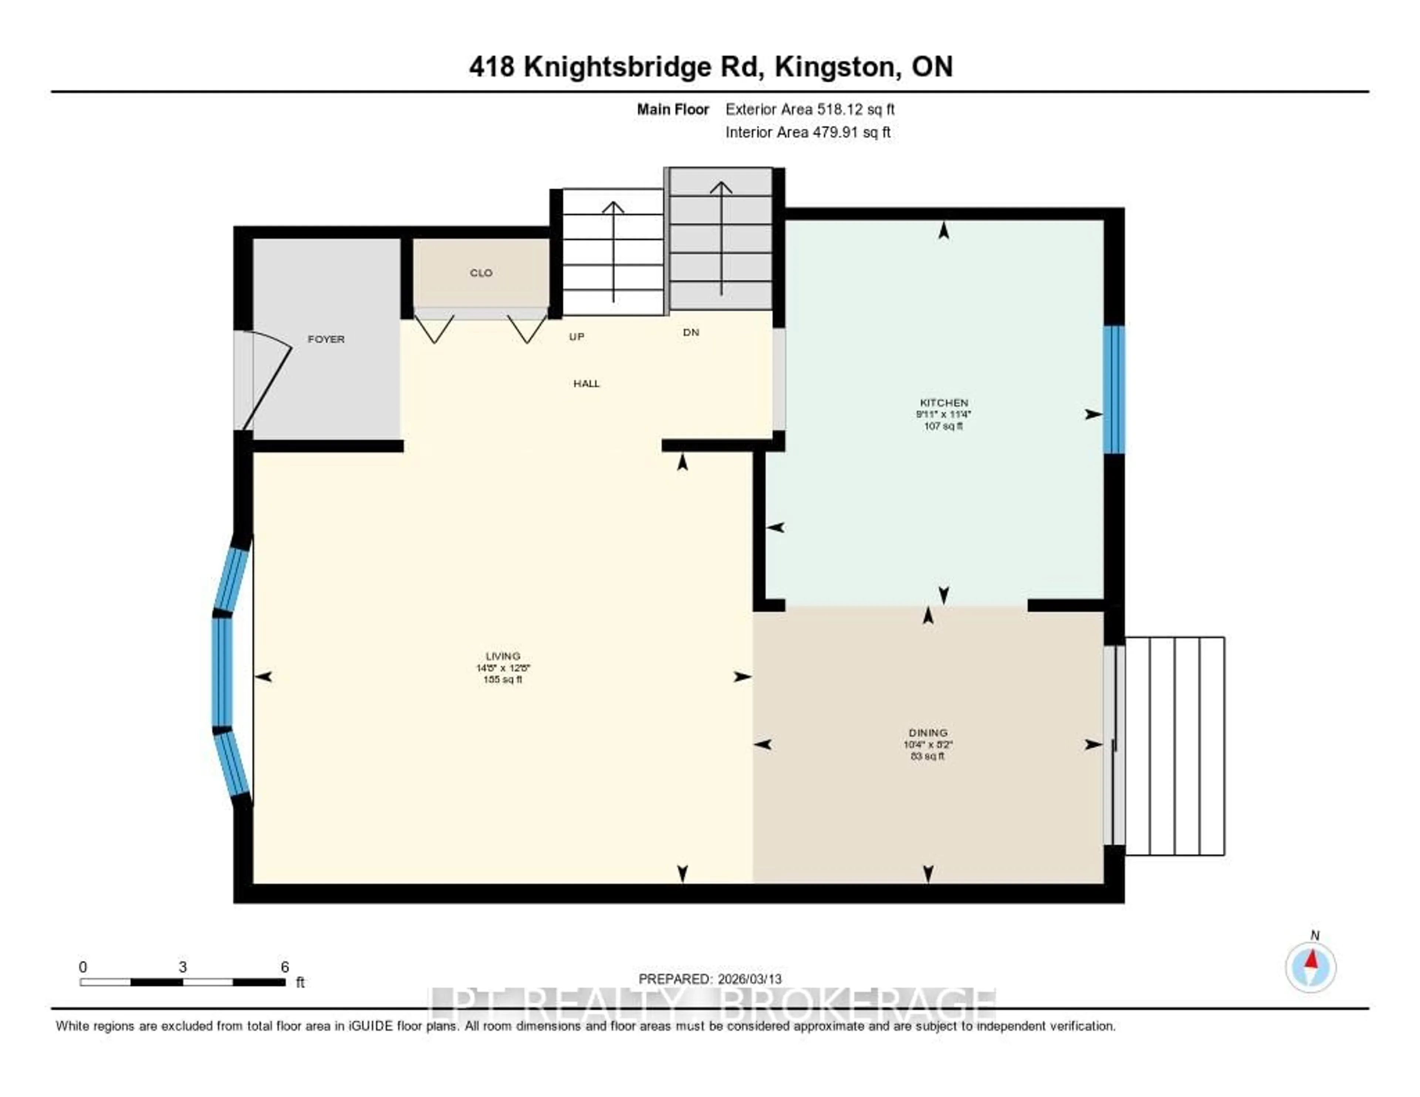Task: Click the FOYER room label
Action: click(326, 340)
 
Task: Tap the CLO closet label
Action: click(481, 273)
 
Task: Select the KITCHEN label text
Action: click(943, 402)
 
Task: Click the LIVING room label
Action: click(503, 656)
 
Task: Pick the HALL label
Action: click(586, 384)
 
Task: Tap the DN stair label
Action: click(690, 332)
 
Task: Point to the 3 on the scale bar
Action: click(183, 967)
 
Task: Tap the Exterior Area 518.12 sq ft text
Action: click(809, 109)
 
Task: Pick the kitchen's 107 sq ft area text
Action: click(943, 426)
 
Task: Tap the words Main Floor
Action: click(672, 109)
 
